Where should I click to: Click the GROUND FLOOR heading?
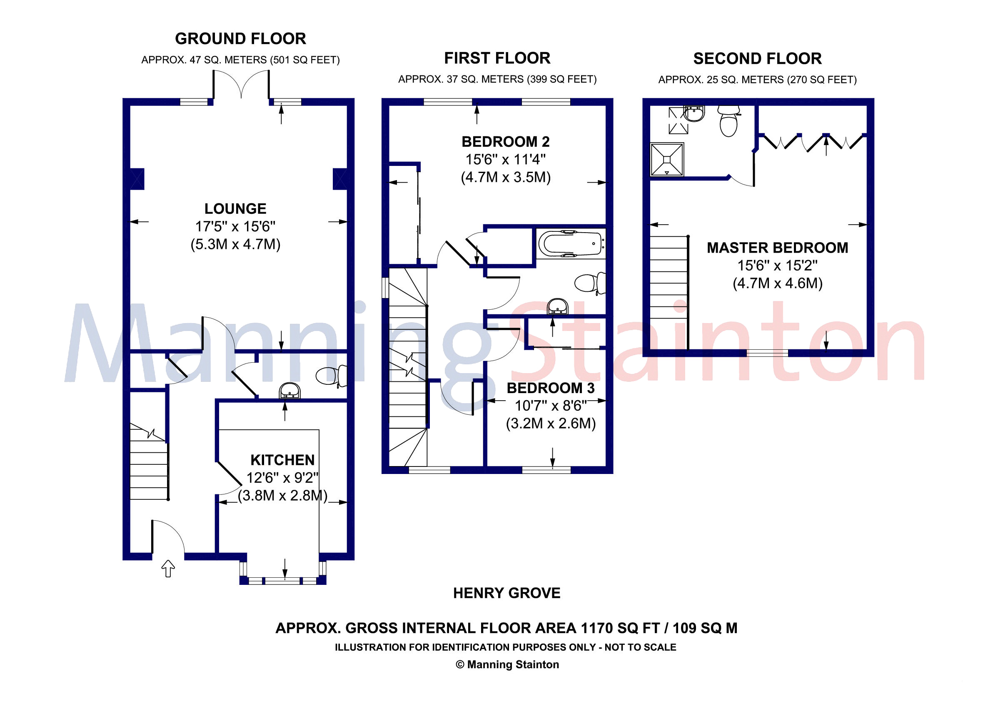pyautogui.click(x=240, y=39)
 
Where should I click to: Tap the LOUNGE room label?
pyautogui.click(x=235, y=208)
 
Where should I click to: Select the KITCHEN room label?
pyautogui.click(x=282, y=460)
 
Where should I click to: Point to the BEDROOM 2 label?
pyautogui.click(x=506, y=141)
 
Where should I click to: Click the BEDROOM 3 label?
pyautogui.click(x=551, y=388)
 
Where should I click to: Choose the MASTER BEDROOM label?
pyautogui.click(x=778, y=248)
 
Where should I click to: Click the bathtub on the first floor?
pyautogui.click(x=571, y=244)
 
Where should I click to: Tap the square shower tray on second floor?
pyautogui.click(x=667, y=160)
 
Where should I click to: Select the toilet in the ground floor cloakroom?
pyautogui.click(x=332, y=375)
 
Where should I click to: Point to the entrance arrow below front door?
pyautogui.click(x=168, y=568)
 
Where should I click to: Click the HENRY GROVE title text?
pyautogui.click(x=506, y=593)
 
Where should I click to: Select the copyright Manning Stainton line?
pyautogui.click(x=507, y=664)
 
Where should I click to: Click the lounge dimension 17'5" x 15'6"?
pyautogui.click(x=235, y=226)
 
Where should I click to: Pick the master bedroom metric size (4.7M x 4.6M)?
pyautogui.click(x=778, y=283)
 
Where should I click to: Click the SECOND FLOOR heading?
pyautogui.click(x=757, y=59)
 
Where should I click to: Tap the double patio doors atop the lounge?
pyautogui.click(x=241, y=84)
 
